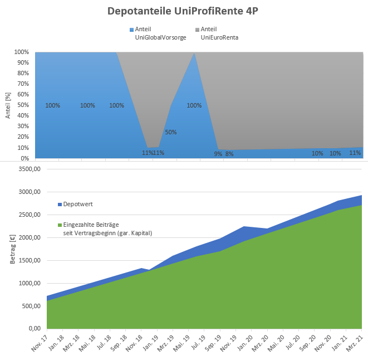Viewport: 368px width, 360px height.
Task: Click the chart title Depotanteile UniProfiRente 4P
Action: tap(184, 11)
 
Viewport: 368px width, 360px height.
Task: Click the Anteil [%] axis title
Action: tap(8, 105)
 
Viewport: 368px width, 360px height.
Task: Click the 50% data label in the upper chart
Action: tap(171, 133)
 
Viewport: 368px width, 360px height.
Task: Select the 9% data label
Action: tap(218, 154)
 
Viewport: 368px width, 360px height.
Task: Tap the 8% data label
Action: tap(229, 154)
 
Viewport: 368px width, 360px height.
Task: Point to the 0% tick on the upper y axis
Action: tap(24, 159)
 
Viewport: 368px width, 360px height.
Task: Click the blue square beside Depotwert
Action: tap(60, 205)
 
